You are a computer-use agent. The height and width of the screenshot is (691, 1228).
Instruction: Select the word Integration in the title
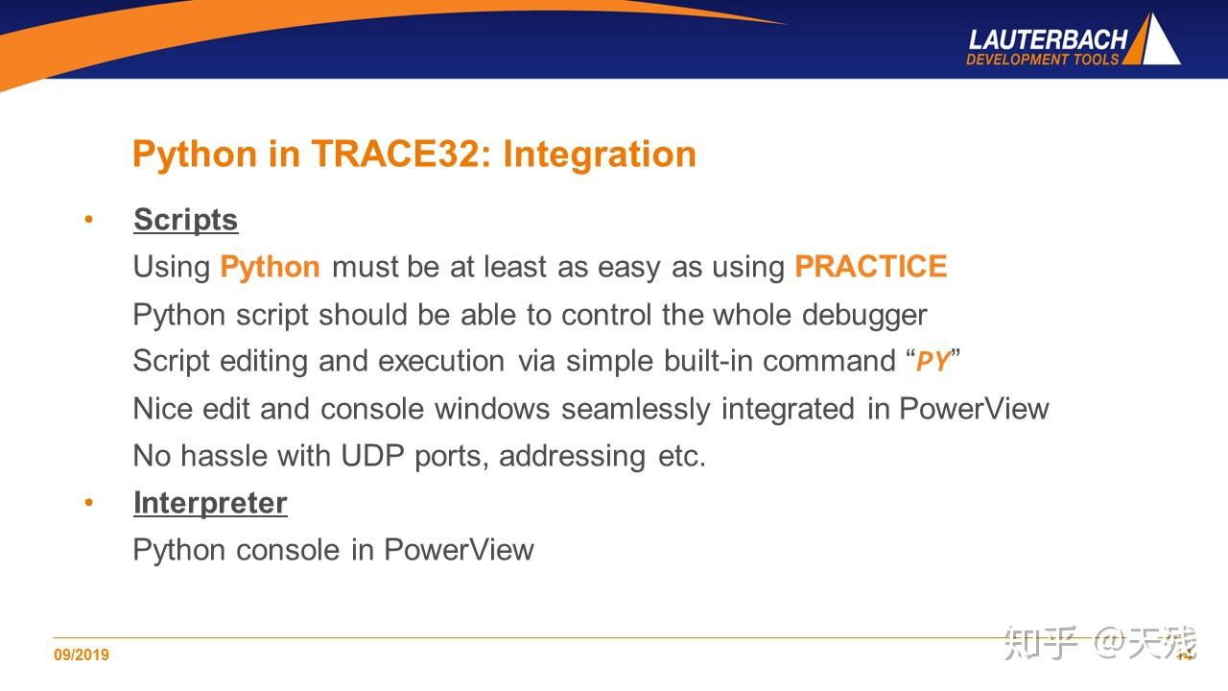coord(600,155)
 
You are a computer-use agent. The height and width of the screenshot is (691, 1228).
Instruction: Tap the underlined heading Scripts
coord(186,221)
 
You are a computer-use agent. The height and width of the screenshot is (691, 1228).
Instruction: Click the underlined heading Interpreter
coord(210,504)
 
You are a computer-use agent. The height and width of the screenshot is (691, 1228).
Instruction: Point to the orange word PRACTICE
coord(870,267)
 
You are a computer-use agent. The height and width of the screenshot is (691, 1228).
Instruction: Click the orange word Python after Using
coord(270,268)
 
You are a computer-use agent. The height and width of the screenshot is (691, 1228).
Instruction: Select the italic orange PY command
coord(933,362)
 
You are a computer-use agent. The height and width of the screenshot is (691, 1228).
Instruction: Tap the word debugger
coord(864,316)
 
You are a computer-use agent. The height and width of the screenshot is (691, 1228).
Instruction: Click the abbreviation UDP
coord(373,456)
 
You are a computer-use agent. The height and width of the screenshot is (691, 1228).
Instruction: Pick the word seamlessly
coord(635,410)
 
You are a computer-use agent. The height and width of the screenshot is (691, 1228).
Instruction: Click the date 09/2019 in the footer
coord(82,655)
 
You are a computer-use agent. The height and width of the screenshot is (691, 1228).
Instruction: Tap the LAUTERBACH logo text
coord(1048,40)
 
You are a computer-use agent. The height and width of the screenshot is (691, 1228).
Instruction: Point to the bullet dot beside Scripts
coord(89,220)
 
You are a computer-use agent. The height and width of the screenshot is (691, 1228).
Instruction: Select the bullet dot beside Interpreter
coord(89,502)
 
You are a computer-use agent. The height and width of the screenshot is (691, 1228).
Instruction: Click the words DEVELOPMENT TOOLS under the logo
coord(1042,60)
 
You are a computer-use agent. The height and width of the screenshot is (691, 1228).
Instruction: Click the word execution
coord(441,362)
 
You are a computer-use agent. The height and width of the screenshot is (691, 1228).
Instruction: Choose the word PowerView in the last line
coord(459,550)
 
